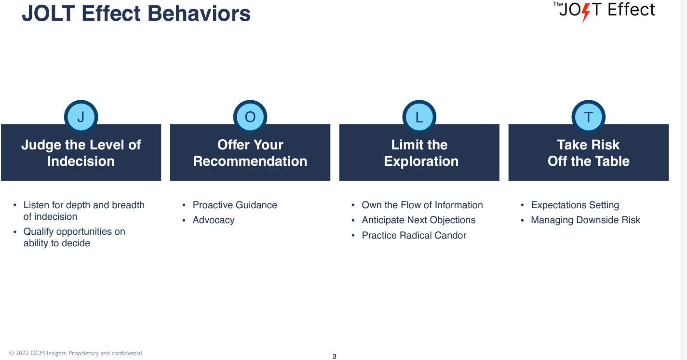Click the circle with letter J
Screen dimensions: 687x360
(81, 117)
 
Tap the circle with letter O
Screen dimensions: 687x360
(250, 117)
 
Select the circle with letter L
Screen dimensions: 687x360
(419, 117)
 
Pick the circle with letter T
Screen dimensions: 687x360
(589, 117)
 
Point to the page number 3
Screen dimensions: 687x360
(335, 356)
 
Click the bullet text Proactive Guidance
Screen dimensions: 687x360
(235, 205)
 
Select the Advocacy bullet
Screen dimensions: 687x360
(214, 220)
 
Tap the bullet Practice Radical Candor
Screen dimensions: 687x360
(414, 235)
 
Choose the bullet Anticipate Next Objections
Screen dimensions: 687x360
(418, 220)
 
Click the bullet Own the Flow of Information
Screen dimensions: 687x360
(422, 205)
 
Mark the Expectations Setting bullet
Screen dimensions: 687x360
(575, 205)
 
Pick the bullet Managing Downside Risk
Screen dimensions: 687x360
(585, 220)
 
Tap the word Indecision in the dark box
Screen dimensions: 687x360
(81, 161)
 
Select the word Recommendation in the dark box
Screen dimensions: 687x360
(250, 161)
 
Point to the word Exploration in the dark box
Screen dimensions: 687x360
(421, 161)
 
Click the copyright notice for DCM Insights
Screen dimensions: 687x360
(76, 353)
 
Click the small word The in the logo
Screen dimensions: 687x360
(558, 4)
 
